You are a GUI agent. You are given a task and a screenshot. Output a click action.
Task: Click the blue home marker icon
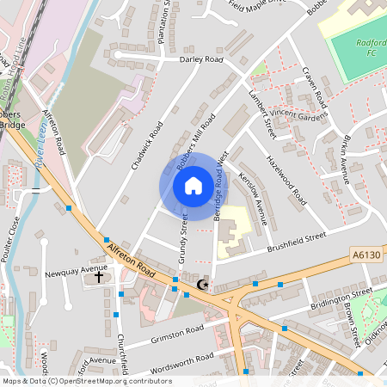[x=193, y=186]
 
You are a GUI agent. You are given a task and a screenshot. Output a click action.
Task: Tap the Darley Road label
[x=200, y=60]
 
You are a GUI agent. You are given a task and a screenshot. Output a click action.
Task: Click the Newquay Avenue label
[x=75, y=271]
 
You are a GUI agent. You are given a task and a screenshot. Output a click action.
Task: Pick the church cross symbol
[x=99, y=278]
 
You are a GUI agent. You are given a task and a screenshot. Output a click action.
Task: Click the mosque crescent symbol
[x=203, y=285]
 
